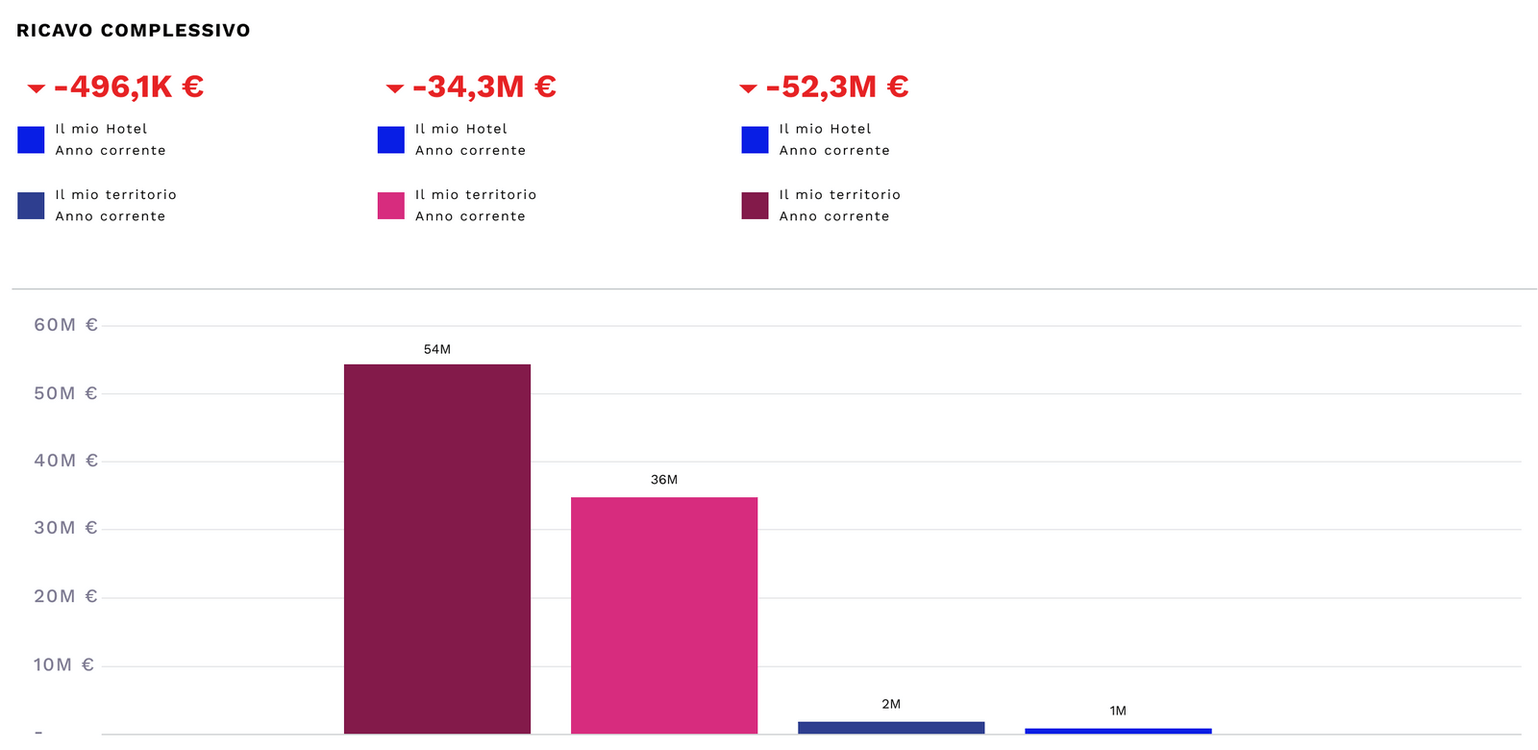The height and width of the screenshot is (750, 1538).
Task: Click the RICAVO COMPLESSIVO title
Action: (x=134, y=31)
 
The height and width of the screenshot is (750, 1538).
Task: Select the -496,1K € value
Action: (x=129, y=87)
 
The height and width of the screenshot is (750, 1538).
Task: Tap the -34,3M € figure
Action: (x=484, y=87)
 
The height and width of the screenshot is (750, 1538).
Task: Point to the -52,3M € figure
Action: (x=837, y=87)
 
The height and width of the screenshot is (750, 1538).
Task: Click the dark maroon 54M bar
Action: (x=436, y=548)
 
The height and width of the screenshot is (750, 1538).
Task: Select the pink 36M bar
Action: (x=663, y=615)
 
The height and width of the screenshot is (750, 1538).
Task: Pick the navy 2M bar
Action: (x=891, y=727)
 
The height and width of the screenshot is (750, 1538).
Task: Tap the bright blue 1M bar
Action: (x=1118, y=731)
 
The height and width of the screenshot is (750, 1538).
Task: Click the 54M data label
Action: (x=436, y=350)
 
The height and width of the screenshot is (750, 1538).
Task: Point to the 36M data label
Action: (x=663, y=480)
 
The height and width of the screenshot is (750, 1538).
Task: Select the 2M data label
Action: (x=891, y=705)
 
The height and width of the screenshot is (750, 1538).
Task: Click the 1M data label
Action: (x=1118, y=712)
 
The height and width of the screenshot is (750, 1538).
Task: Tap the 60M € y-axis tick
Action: (x=65, y=325)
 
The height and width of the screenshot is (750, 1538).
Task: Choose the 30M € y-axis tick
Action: (x=65, y=528)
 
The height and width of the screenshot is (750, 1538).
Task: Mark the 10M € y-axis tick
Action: (x=63, y=665)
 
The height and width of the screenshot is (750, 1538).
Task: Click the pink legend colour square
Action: (x=391, y=206)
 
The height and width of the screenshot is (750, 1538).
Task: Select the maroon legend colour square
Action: (x=755, y=206)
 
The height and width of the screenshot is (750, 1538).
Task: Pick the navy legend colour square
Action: (x=31, y=206)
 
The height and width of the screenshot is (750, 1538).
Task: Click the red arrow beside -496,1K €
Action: (x=37, y=88)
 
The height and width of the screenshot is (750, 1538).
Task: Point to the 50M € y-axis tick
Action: (x=65, y=393)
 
